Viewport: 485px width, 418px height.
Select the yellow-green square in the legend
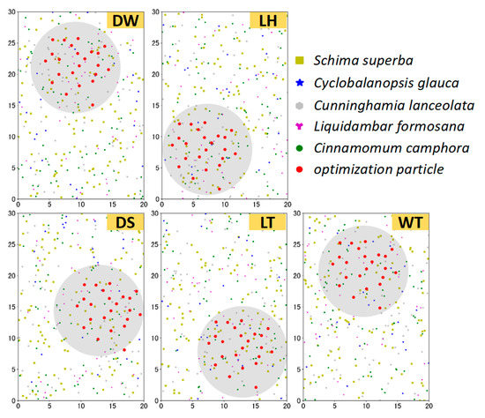[301, 61]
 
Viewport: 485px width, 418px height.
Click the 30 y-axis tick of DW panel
[11, 12]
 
